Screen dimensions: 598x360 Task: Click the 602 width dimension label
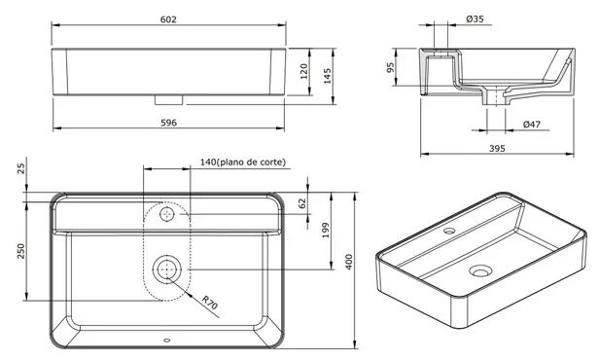(168, 19)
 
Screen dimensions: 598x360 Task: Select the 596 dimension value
(168, 123)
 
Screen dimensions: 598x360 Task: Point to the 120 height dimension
(304, 71)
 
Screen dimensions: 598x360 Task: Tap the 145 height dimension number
(328, 76)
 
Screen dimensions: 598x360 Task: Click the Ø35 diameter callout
(475, 18)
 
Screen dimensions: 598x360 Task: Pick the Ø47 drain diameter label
(532, 125)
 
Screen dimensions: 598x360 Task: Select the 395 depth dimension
(497, 148)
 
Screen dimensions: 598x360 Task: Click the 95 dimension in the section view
(390, 67)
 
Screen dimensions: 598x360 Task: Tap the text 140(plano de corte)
(243, 162)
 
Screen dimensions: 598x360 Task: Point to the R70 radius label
(209, 303)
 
